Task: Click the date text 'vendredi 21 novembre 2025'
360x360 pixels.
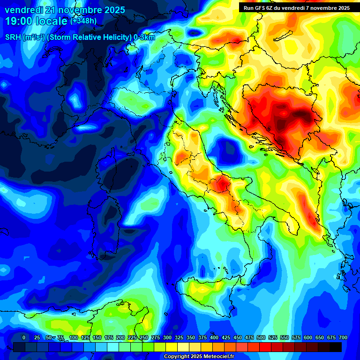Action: coord(65,10)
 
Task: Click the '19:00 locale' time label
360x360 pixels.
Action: coord(36,21)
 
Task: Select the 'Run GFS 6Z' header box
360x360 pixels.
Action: coord(297,7)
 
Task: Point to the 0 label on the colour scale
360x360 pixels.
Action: coord(24,337)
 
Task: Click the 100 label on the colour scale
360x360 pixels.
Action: coord(74,337)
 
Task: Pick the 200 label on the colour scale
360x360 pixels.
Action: coord(120,337)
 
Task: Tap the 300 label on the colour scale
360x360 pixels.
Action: coord(167,337)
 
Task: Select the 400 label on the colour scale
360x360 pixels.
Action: coord(214,337)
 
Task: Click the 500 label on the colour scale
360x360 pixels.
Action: coord(261,337)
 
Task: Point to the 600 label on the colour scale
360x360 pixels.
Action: coord(308,337)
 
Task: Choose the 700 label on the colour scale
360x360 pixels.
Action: coord(343,337)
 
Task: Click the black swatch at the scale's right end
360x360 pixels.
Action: coord(336,347)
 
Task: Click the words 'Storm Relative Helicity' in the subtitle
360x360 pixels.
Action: coord(90,37)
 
